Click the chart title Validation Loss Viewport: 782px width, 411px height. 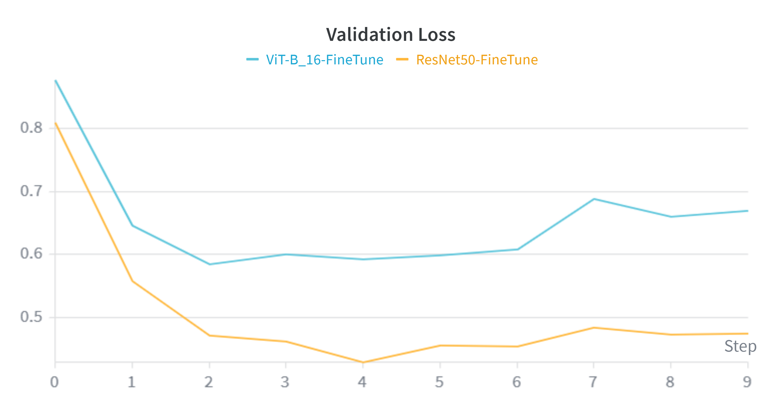tap(391, 34)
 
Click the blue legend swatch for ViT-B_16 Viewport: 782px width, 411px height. tap(252, 59)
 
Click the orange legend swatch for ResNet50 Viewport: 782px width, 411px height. tap(402, 59)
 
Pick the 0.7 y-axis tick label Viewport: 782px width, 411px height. tap(31, 191)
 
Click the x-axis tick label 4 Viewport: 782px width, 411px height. tap(362, 382)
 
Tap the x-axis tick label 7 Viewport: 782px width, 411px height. tap(593, 382)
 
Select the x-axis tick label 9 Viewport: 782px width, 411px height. tap(747, 382)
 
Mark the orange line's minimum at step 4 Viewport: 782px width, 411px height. tap(363, 362)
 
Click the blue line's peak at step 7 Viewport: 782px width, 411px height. tap(594, 199)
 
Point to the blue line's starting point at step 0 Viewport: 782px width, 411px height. tap(55, 80)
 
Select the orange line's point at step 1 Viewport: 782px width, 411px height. tap(133, 281)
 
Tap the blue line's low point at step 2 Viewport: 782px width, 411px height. tap(209, 264)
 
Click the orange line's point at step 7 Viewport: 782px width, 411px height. tap(594, 328)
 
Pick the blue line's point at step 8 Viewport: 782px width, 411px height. tap(671, 217)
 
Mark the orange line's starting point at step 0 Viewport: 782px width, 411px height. tap(55, 123)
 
